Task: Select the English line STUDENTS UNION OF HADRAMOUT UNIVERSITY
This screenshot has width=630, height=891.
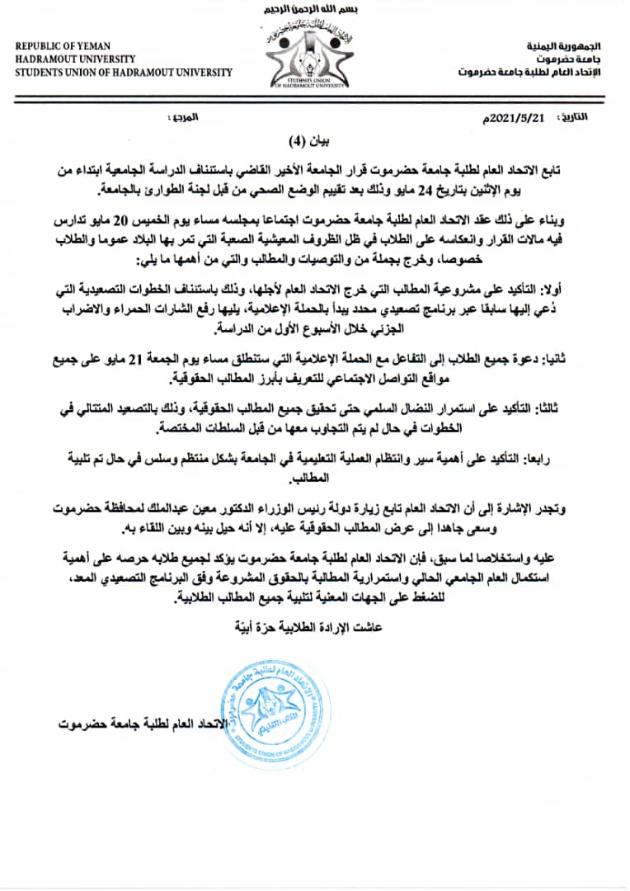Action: coord(124,72)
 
